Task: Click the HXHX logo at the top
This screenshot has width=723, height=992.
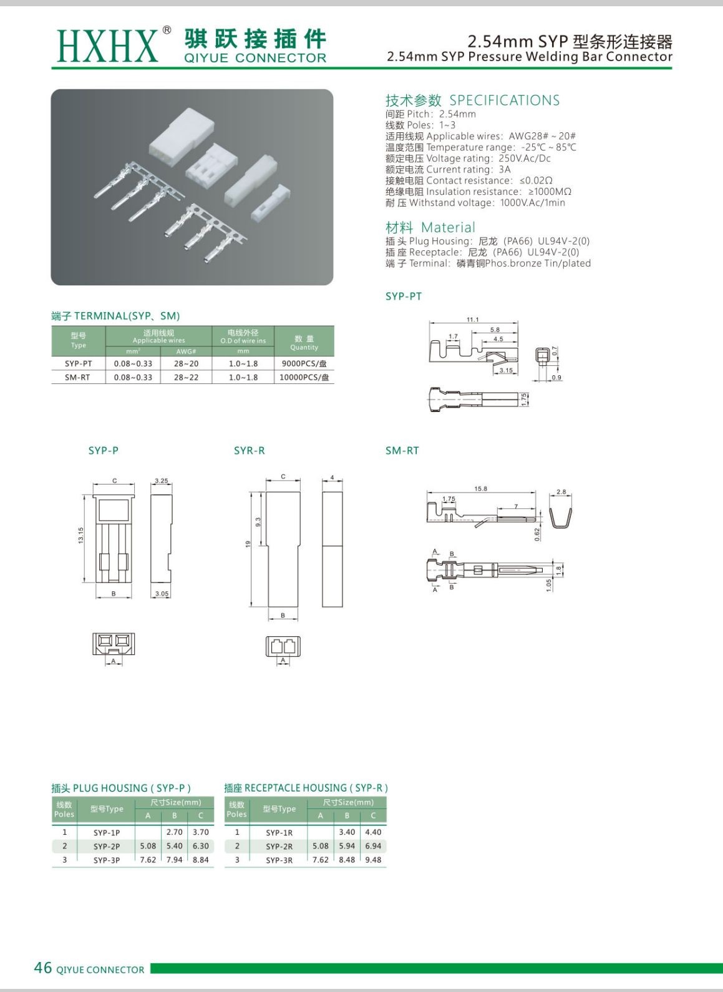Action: pos(107,45)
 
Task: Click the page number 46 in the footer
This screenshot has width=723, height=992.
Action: pos(42,968)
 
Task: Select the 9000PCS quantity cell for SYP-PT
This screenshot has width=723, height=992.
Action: pos(304,363)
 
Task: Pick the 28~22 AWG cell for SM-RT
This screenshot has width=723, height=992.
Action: pos(186,377)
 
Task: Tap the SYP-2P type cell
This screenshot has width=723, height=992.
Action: pos(107,847)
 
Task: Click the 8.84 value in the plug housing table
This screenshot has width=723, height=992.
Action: pos(200,860)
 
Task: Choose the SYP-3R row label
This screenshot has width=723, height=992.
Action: pos(279,860)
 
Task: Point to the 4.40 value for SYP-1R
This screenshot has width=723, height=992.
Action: pos(373,832)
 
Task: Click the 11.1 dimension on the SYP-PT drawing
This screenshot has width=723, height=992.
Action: pos(473,320)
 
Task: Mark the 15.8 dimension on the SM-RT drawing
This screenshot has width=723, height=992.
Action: pos(480,489)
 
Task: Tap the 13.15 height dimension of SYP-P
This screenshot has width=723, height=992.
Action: pos(81,536)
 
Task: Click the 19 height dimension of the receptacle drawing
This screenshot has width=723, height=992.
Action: pos(248,544)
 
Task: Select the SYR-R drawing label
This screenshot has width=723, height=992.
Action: pos(249,451)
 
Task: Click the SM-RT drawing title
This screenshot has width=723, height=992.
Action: pos(402,451)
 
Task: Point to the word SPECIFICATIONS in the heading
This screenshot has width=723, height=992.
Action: pos(504,101)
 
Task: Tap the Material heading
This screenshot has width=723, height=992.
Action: pos(430,228)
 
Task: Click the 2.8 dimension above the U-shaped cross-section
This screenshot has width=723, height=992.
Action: pos(561,492)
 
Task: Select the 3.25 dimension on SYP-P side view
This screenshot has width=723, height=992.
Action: pos(161,481)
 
